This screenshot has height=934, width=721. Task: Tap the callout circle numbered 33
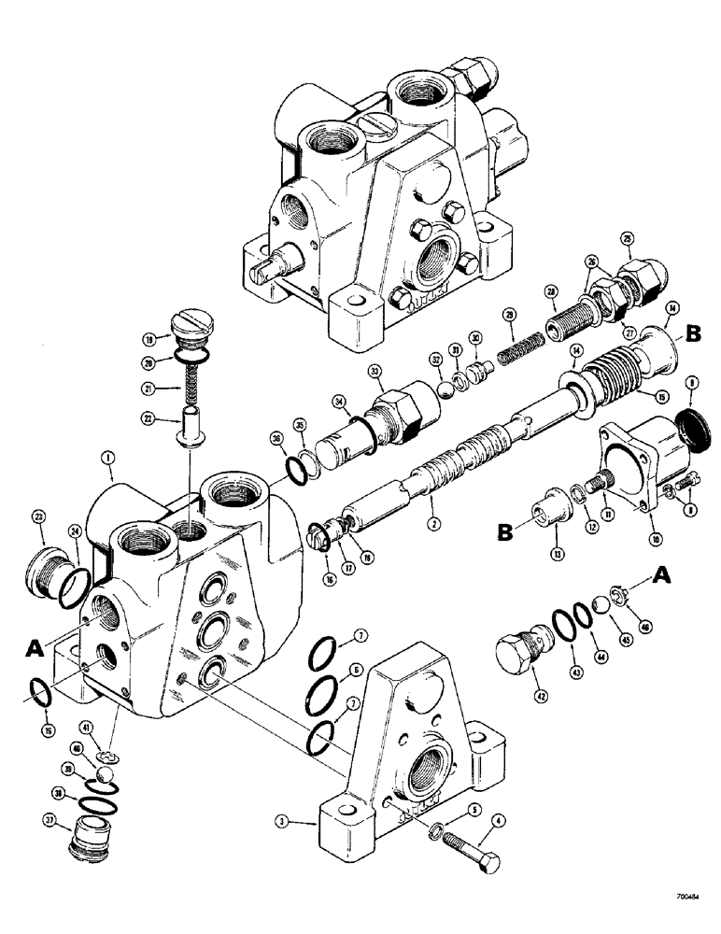(x=376, y=372)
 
